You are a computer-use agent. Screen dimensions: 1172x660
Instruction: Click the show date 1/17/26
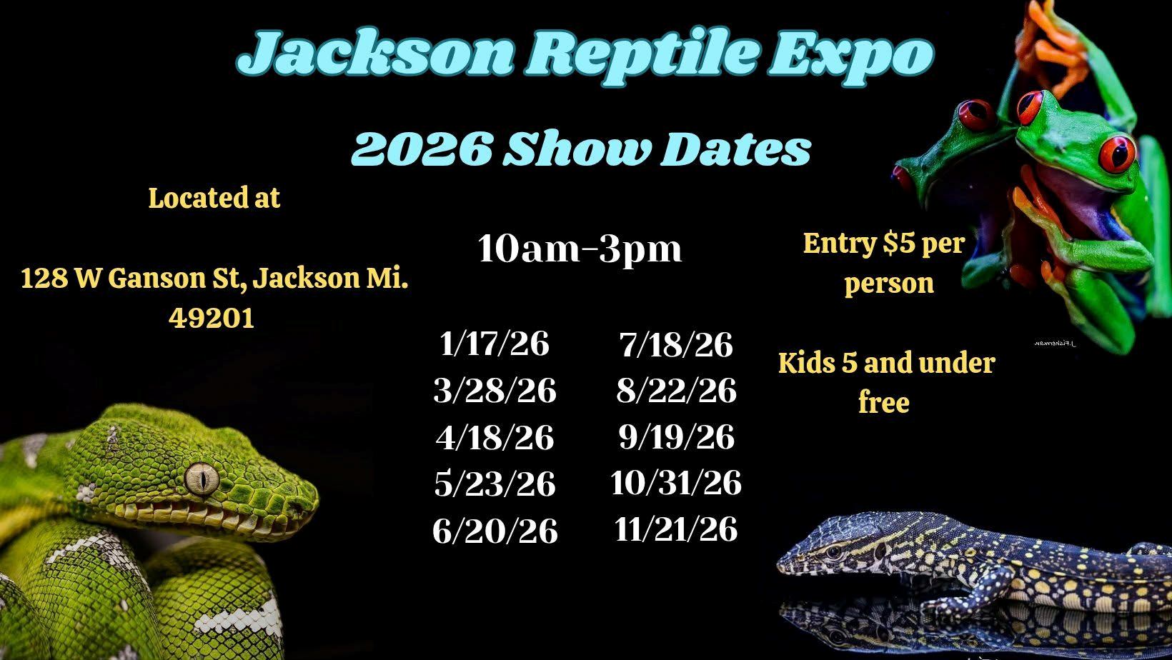[x=495, y=344]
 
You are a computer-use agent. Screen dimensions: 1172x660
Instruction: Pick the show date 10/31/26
[x=676, y=482]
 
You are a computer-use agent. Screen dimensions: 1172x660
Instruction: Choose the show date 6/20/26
[x=495, y=531]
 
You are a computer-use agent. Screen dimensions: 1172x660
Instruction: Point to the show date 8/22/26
[x=676, y=390]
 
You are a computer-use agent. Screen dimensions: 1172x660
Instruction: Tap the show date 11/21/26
[x=676, y=529]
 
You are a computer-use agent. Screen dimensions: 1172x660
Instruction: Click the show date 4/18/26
[x=495, y=437]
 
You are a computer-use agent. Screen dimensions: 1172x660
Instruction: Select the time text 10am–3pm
[x=580, y=249]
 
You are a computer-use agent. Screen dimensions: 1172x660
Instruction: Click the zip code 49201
[x=212, y=317]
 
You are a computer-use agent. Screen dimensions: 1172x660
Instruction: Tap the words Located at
[x=214, y=198]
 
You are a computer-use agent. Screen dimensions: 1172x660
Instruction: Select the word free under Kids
[x=884, y=403]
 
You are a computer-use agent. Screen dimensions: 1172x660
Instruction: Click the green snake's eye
[x=202, y=479]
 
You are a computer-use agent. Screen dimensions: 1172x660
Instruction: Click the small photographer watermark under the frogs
[x=1055, y=344]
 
